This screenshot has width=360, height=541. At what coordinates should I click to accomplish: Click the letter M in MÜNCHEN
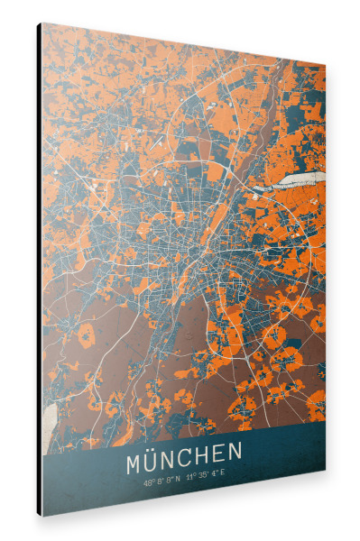click(137, 464)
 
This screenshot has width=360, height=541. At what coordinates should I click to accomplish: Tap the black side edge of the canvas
click(39, 270)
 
